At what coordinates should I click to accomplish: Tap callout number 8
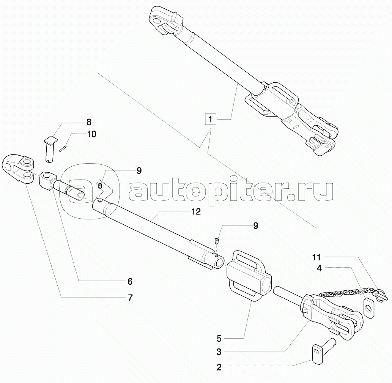pos(88,122)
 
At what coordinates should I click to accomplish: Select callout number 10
pos(91,134)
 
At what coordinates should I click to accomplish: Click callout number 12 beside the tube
pos(196,212)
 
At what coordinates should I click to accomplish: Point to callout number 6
pos(129,281)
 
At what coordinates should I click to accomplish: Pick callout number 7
pos(130,298)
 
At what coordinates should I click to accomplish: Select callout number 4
pos(319,268)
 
